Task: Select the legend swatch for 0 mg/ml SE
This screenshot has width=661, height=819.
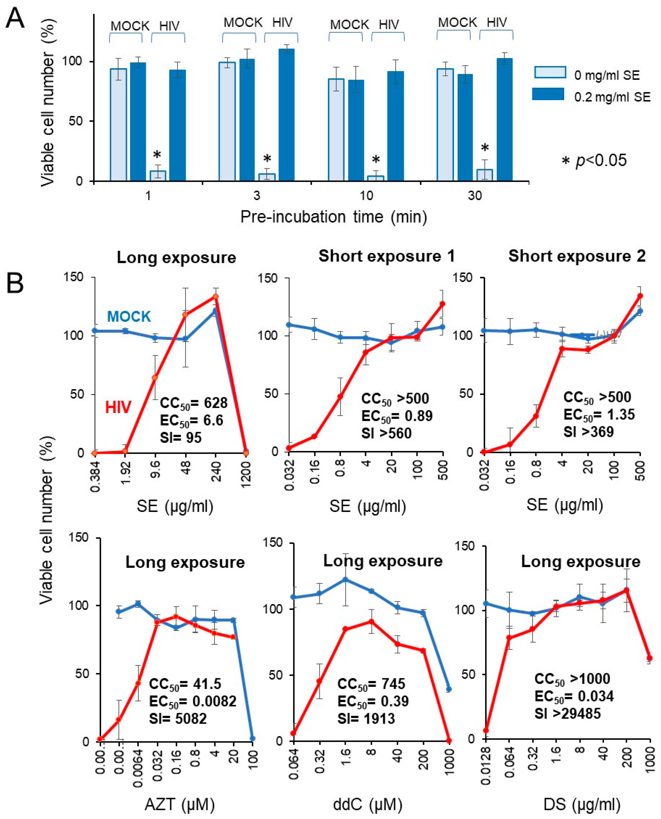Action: point(549,72)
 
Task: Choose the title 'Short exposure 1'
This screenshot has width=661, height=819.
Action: point(386,256)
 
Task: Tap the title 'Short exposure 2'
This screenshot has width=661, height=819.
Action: point(577,256)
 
